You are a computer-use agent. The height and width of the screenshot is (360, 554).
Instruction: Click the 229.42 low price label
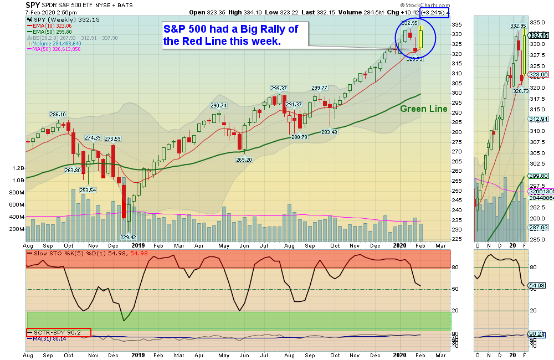click(x=129, y=237)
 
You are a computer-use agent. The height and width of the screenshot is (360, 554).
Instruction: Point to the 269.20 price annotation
click(x=244, y=160)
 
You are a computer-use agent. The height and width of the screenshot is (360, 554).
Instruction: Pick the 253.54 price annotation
click(x=88, y=190)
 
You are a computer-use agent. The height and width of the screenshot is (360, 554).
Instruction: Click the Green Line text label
click(x=423, y=109)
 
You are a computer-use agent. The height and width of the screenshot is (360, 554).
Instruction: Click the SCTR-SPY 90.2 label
click(x=59, y=332)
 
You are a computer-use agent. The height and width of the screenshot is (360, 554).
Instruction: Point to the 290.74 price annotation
click(x=218, y=105)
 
